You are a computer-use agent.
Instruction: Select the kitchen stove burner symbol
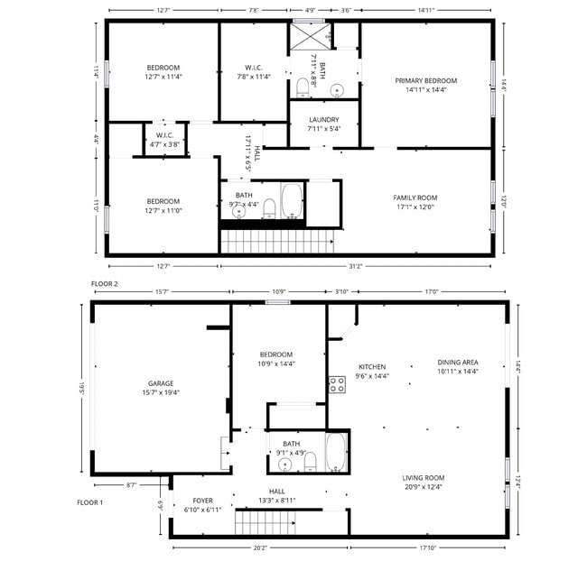point(337,385)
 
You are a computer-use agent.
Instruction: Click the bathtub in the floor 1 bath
point(336,452)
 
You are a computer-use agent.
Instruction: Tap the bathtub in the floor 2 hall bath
point(293,201)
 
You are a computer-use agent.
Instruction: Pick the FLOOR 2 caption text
point(104,283)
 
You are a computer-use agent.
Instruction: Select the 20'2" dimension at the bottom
point(259,547)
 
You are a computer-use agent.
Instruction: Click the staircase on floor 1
point(266,522)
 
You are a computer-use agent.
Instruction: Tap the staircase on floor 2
point(277,241)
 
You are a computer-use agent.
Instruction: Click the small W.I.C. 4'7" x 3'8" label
point(163,139)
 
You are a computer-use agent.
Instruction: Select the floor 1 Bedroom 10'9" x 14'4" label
point(276,359)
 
